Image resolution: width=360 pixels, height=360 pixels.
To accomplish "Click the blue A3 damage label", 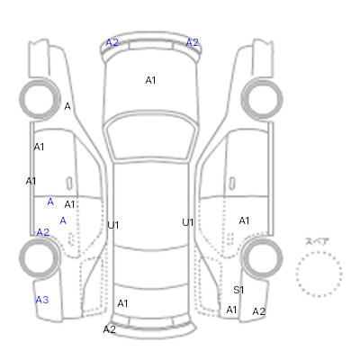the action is click(x=42, y=300).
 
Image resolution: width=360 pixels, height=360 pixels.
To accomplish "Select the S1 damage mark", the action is click(x=238, y=290).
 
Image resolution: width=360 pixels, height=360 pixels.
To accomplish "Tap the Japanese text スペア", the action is click(x=317, y=241).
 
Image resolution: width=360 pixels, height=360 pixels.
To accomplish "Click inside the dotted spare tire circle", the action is click(x=319, y=274).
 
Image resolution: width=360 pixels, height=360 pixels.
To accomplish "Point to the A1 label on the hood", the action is click(x=150, y=80).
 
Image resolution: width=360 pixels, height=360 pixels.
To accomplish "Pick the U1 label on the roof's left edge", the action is click(x=113, y=225).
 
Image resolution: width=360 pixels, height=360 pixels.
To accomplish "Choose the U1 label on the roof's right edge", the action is click(x=188, y=222).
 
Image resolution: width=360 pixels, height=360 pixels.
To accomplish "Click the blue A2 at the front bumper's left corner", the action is click(x=112, y=42).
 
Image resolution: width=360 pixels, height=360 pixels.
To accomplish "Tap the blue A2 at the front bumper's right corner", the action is click(x=193, y=42).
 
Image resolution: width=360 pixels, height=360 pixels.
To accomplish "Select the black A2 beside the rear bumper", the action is click(x=110, y=329).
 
